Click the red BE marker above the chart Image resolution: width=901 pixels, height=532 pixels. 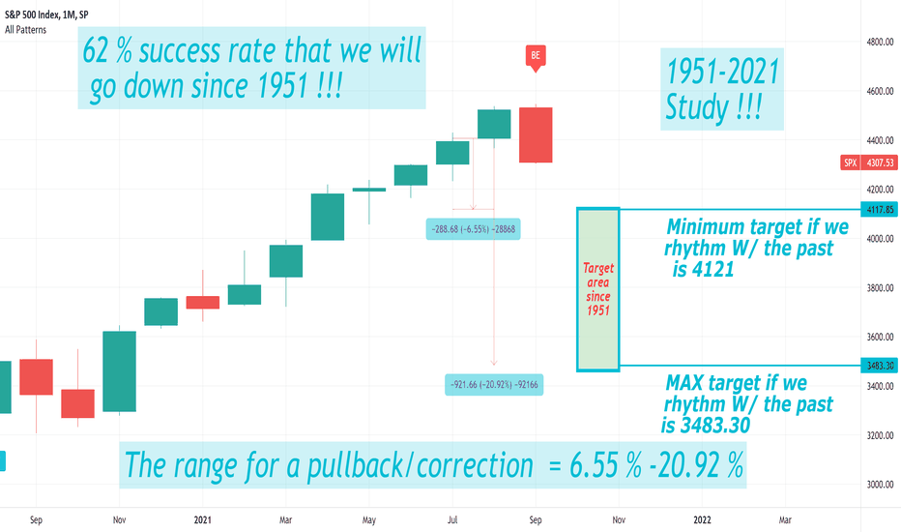pyautogui.click(x=536, y=56)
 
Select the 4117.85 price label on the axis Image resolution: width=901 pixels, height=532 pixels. pyautogui.click(x=879, y=209)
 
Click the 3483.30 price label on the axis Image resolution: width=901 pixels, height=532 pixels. pyautogui.click(x=879, y=366)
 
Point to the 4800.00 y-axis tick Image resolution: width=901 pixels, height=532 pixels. pyautogui.click(x=880, y=42)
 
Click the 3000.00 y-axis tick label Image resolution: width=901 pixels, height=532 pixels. pyautogui.click(x=880, y=485)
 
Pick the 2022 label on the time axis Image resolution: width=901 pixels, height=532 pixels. pyautogui.click(x=702, y=520)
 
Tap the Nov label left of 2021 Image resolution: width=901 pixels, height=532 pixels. pyautogui.click(x=119, y=520)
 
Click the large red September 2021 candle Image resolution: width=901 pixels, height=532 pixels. pyautogui.click(x=536, y=134)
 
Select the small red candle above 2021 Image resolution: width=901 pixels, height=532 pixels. pyautogui.click(x=203, y=302)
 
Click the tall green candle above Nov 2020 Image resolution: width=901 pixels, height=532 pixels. pyautogui.click(x=120, y=371)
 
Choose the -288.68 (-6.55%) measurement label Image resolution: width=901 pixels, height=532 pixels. pyautogui.click(x=473, y=229)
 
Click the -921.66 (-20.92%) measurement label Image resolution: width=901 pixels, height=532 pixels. pyautogui.click(x=494, y=384)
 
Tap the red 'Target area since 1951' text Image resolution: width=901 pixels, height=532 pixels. pyautogui.click(x=598, y=289)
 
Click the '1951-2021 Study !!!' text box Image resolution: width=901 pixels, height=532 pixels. pyautogui.click(x=722, y=89)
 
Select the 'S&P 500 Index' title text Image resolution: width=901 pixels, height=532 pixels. pyautogui.click(x=31, y=15)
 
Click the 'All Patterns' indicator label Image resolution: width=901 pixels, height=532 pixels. pyautogui.click(x=25, y=30)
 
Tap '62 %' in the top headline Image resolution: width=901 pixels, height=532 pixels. pyautogui.click(x=107, y=50)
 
